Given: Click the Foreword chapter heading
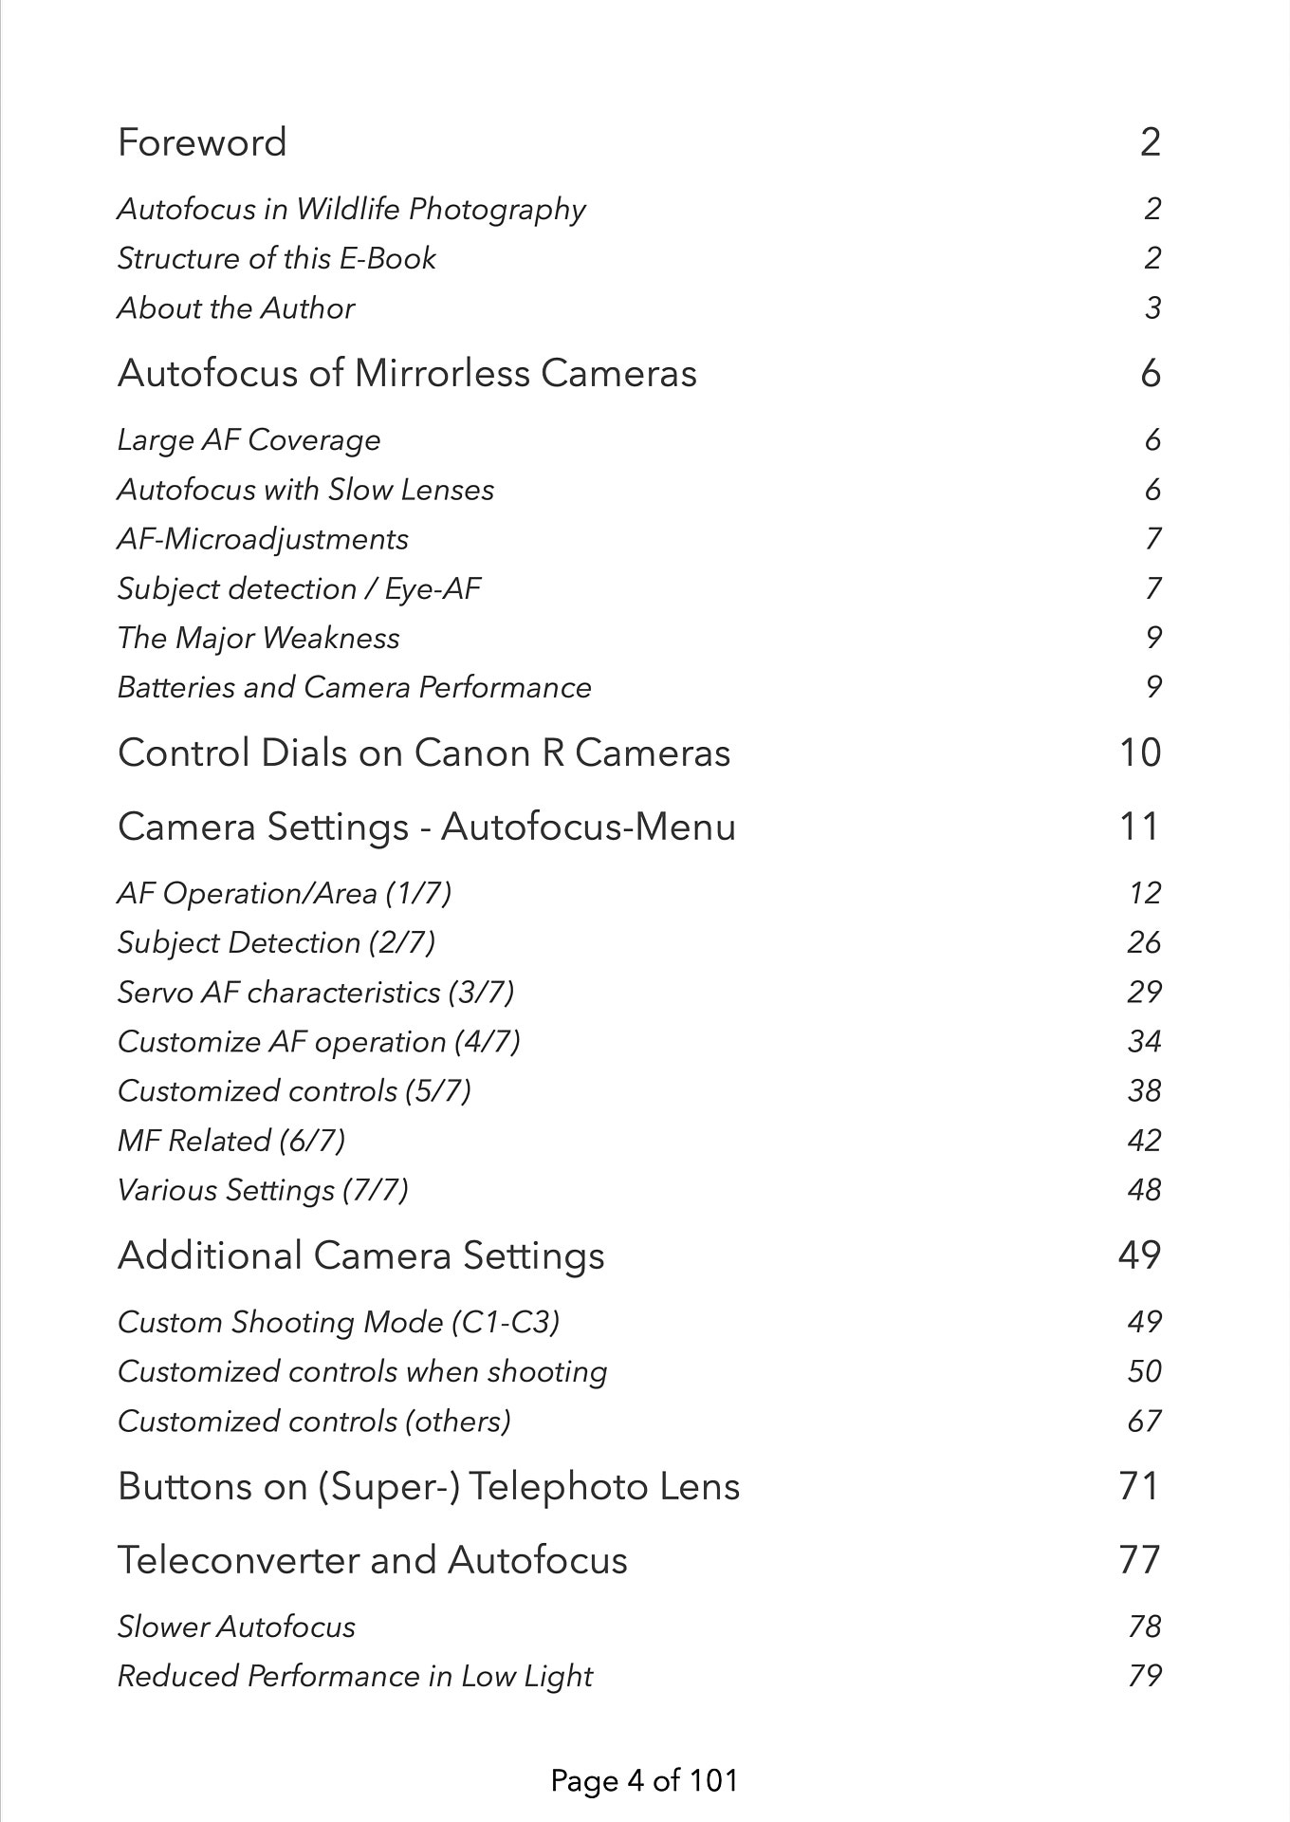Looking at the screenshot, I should point(202,142).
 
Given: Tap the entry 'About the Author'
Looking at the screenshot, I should point(235,308).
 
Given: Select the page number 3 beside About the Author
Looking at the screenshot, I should point(1152,308).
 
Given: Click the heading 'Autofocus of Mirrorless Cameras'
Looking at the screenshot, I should point(407,373).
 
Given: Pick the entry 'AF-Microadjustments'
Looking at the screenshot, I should point(263,539).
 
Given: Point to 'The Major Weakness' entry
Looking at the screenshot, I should point(258,638).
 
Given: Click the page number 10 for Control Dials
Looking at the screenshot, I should point(1140,753).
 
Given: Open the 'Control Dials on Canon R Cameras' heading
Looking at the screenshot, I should point(424,753).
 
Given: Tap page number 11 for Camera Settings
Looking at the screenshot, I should point(1139,827).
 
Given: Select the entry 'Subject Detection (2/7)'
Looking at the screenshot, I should point(276,942).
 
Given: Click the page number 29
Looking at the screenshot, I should point(1144,992).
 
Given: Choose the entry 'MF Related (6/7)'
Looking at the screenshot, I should point(230,1140).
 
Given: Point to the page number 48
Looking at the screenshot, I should point(1144,1190).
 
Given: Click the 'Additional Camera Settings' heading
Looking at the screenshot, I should point(360,1255).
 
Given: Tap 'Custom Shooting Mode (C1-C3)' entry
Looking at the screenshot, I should point(338,1322).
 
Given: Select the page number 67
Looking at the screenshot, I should point(1144,1422).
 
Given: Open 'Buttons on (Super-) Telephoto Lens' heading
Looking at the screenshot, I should point(428,1486).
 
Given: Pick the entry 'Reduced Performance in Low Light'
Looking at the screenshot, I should point(355,1677).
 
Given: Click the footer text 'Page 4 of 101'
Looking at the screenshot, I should point(644,1780).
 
